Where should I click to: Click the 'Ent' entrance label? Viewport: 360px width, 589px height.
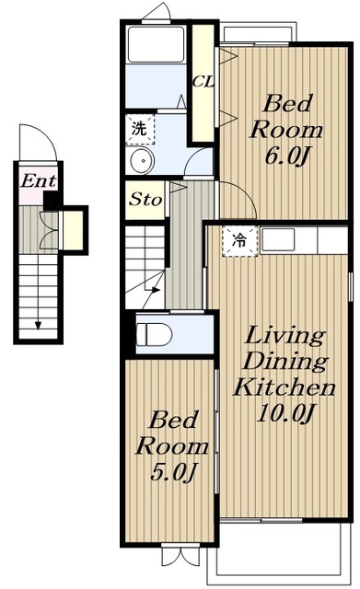pyautogui.click(x=38, y=181)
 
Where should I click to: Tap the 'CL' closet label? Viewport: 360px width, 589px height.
pyautogui.click(x=203, y=82)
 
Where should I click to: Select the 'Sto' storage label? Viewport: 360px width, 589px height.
pyautogui.click(x=145, y=199)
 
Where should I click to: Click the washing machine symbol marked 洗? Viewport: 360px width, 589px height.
pyautogui.click(x=139, y=129)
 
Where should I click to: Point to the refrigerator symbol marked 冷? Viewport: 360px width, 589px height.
pyautogui.click(x=239, y=241)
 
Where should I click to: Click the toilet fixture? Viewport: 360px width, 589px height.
pyautogui.click(x=154, y=334)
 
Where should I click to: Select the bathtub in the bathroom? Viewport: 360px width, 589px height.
pyautogui.click(x=156, y=44)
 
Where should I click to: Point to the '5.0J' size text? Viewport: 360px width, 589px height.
pyautogui.click(x=173, y=472)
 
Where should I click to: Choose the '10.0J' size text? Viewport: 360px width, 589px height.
pyautogui.click(x=285, y=413)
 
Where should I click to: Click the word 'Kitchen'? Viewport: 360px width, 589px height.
pyautogui.click(x=285, y=387)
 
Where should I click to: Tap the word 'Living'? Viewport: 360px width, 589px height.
pyautogui.click(x=285, y=335)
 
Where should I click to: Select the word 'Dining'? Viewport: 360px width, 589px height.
pyautogui.click(x=285, y=362)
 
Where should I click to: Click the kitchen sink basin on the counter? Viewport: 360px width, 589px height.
pyautogui.click(x=278, y=239)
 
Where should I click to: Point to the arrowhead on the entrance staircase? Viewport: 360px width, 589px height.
pyautogui.click(x=38, y=325)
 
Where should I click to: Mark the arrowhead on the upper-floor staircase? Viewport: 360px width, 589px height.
pyautogui.click(x=156, y=290)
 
